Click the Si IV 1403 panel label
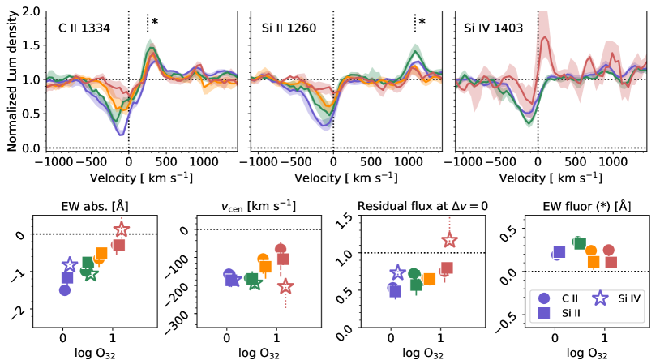point(493,28)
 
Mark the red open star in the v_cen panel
point(285,286)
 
